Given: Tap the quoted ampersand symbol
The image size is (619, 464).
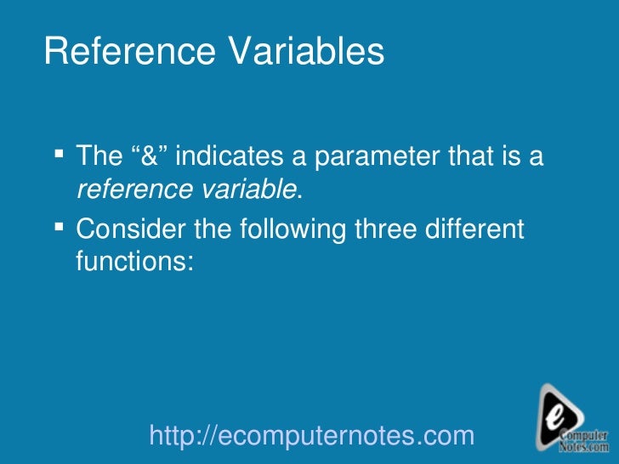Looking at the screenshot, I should click(150, 156).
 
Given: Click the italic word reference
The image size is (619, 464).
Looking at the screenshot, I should click(127, 190).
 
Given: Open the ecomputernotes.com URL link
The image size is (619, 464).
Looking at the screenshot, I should click(310, 436).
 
